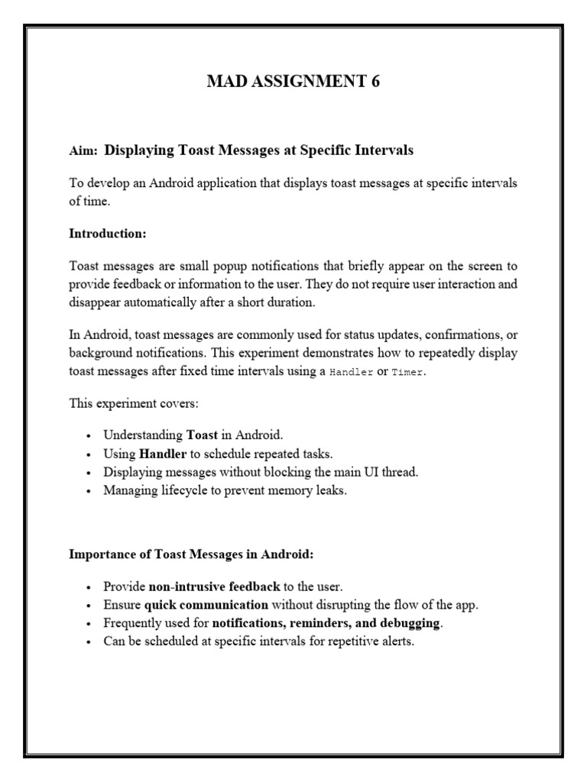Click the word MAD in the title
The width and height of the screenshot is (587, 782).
[225, 83]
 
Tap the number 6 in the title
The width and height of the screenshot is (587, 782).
[375, 83]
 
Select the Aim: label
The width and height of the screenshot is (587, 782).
[83, 151]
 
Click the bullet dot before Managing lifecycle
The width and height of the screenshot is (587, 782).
[89, 491]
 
